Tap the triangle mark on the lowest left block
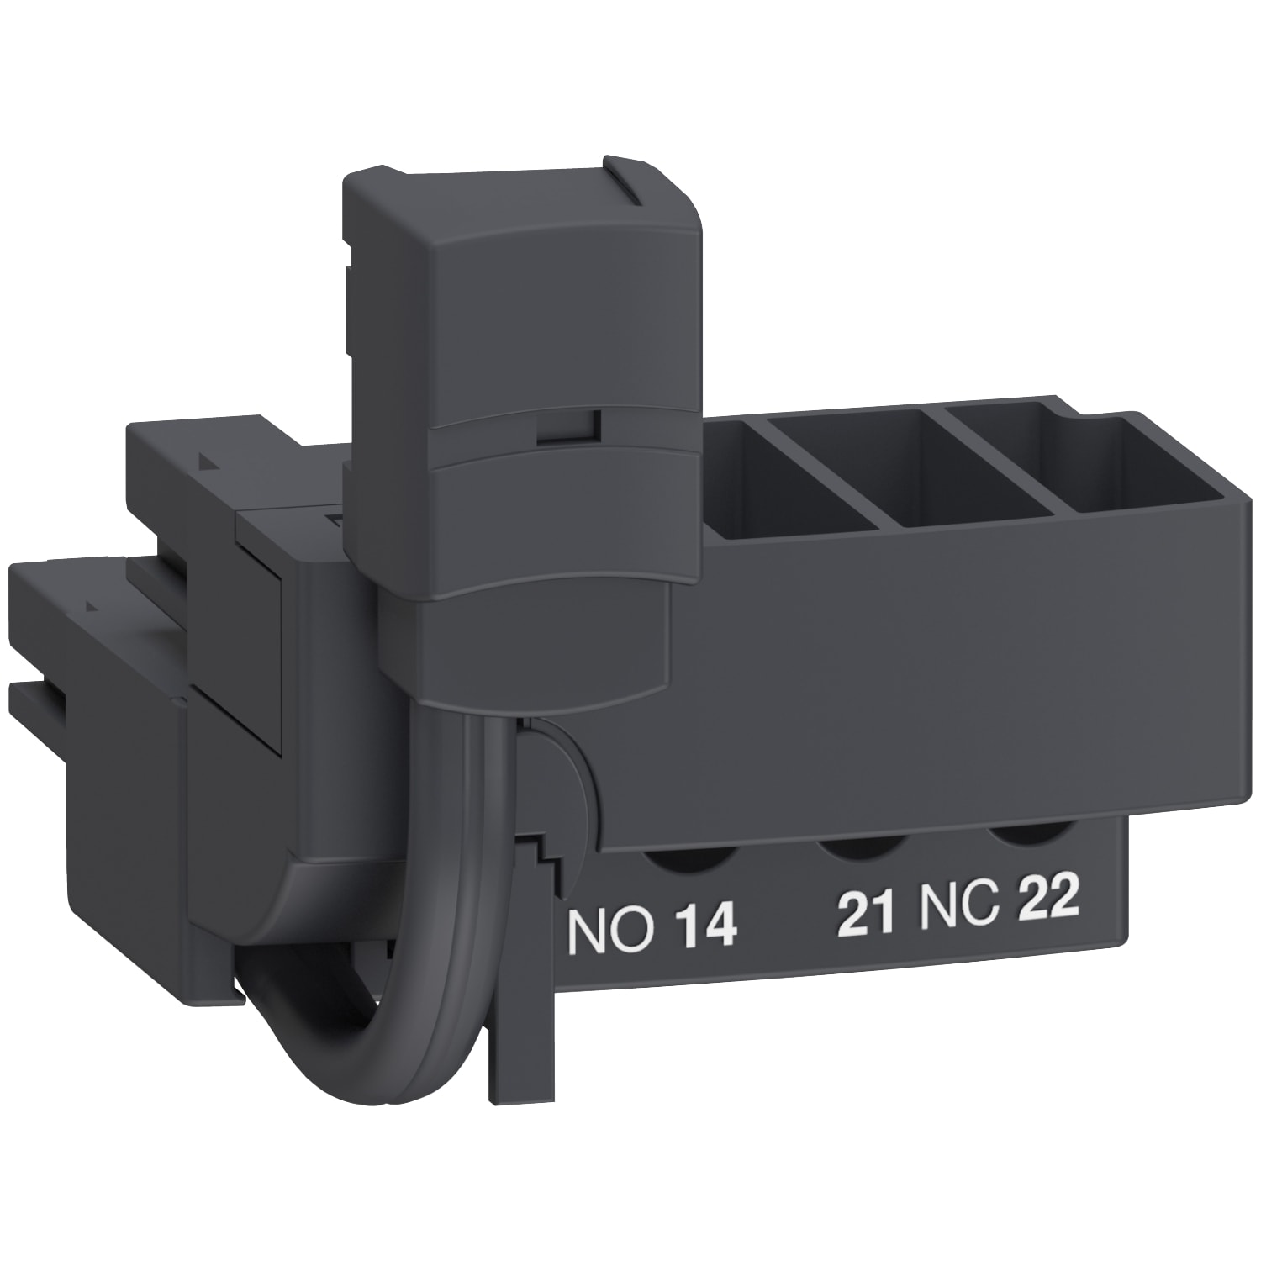(x=87, y=604)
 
